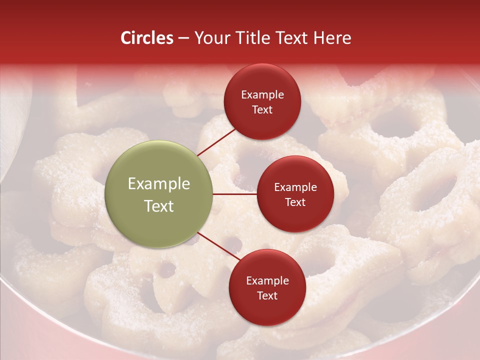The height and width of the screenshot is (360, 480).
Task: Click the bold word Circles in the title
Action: [147, 38]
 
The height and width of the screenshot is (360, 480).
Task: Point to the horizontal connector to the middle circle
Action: [234, 193]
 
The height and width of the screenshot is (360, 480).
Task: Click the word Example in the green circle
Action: [159, 184]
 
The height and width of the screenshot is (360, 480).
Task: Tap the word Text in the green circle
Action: [159, 206]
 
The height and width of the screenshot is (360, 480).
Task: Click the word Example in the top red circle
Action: [262, 95]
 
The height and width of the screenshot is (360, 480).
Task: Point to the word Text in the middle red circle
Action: [295, 202]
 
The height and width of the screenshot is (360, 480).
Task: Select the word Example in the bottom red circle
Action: [267, 281]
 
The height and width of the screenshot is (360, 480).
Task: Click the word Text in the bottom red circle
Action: [267, 295]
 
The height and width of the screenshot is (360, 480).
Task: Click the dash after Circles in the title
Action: [183, 38]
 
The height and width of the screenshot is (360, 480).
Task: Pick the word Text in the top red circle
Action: [262, 109]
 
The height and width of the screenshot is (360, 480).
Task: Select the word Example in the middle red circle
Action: [295, 187]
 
